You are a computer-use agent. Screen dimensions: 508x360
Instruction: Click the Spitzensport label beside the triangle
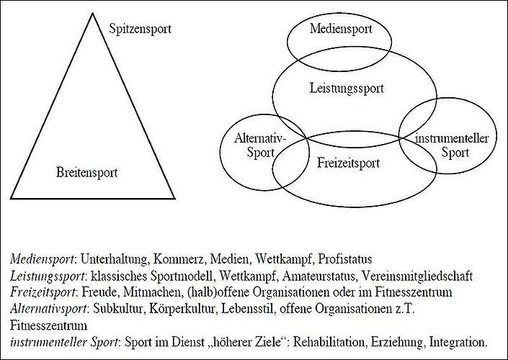pos(140,29)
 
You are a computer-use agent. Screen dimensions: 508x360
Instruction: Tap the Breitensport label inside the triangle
pos(86,172)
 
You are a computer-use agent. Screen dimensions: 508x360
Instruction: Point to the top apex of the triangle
pos(93,13)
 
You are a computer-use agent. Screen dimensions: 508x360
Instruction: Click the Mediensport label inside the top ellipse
pos(341,29)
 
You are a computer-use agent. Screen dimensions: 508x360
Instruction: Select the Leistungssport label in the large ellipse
pos(347,89)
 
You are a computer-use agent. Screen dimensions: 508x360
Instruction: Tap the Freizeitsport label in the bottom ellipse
pos(348,163)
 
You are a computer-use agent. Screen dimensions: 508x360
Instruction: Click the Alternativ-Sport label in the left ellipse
pos(260,145)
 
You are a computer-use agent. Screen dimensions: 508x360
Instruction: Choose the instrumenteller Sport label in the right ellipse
pos(452,145)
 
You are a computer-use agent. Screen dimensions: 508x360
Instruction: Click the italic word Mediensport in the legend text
pos(43,259)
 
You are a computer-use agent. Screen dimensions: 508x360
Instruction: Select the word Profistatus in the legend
pos(345,259)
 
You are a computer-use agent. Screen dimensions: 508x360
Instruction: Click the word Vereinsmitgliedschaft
pos(417,276)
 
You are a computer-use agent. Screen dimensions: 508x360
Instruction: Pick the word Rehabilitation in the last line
pos(329,342)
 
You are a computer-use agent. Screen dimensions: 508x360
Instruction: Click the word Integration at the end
pos(458,343)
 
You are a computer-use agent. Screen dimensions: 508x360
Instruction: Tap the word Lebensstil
pos(247,309)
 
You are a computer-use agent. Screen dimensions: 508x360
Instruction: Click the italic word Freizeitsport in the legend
pos(43,292)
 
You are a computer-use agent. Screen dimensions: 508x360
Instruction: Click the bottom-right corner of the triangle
pos(175,198)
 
